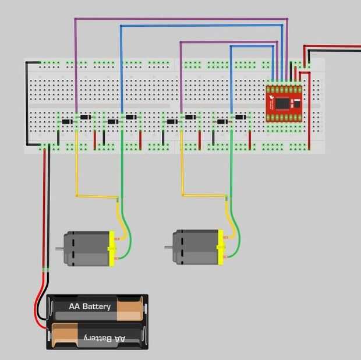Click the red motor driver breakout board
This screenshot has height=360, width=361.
click(x=284, y=104)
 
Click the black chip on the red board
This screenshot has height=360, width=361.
click(x=282, y=104)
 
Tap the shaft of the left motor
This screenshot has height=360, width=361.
click(x=59, y=249)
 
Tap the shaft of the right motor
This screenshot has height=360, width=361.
click(x=168, y=247)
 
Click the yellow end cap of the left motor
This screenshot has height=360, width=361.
click(x=112, y=249)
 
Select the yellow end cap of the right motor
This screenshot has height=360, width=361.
click(x=220, y=247)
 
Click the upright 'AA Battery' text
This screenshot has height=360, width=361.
click(x=90, y=306)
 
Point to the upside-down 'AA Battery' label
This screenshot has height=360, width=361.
click(x=105, y=338)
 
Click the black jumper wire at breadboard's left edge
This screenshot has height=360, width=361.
click(x=27, y=104)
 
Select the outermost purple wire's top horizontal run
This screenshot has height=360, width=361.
click(x=181, y=19)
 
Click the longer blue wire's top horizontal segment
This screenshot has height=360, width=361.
click(x=201, y=26)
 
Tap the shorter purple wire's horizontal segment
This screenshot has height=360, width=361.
click(x=229, y=42)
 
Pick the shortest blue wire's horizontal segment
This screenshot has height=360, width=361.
click(x=252, y=47)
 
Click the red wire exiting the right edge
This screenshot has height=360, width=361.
click(x=332, y=46)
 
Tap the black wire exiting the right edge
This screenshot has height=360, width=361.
click(x=334, y=51)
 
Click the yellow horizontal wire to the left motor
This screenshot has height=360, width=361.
click(x=97, y=196)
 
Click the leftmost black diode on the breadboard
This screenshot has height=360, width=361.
click(x=67, y=122)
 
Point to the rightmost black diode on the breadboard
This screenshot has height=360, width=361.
click(x=240, y=117)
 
